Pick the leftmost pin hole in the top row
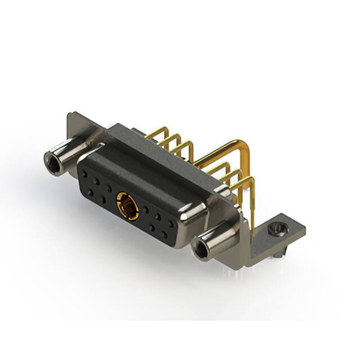coord(85,174)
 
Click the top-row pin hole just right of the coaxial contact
coord(146,209)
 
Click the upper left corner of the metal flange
coord(70,115)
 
